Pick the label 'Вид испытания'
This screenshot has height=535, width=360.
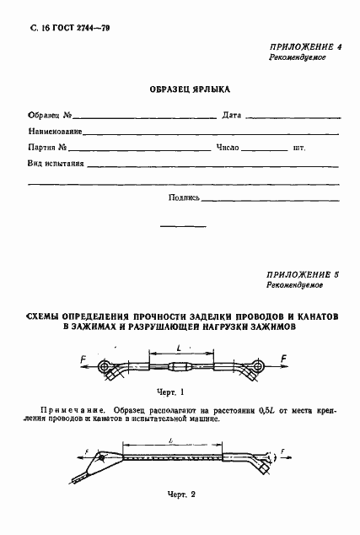tap(56, 164)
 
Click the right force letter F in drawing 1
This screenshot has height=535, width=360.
tap(282, 359)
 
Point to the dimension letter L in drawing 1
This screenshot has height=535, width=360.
tap(182, 347)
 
